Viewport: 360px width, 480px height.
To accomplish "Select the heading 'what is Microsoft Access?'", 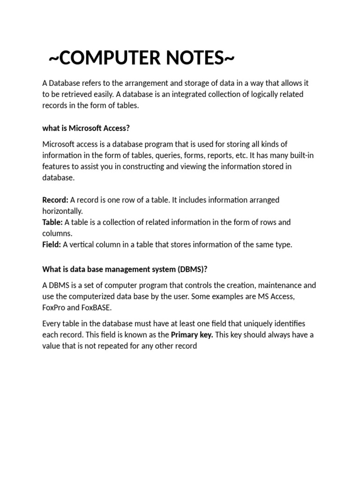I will pos(86,128).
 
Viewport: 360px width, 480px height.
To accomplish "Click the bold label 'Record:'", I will pos(55,200).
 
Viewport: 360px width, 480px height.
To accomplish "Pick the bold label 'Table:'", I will pos(52,222).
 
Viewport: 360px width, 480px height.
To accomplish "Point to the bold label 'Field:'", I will pos(52,245).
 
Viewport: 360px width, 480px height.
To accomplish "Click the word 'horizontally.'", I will pos(62,211).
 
